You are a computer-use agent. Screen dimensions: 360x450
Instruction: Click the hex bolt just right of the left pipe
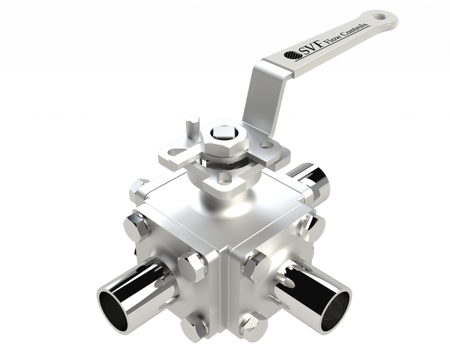[x=192, y=265]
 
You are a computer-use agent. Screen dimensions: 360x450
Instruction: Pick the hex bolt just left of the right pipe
[x=256, y=265]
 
